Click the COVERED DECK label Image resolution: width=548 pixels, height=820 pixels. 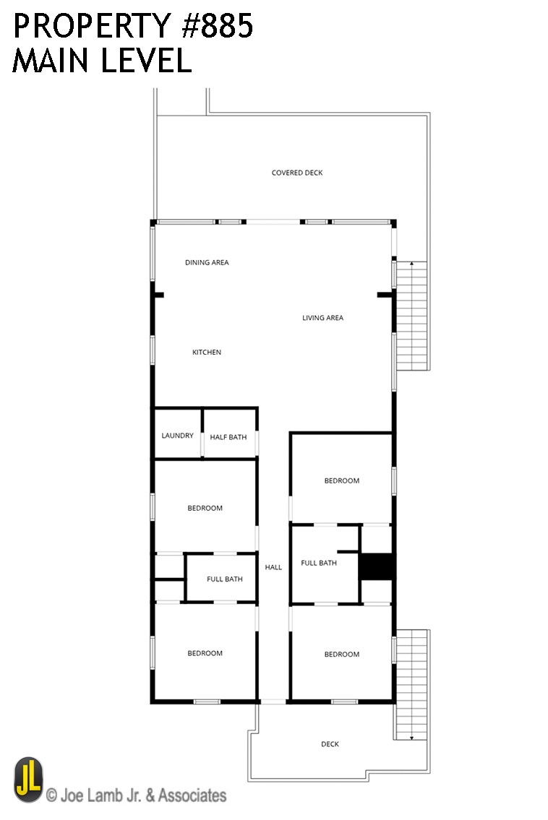[x=296, y=173]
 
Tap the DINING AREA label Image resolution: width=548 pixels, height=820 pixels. [x=207, y=262]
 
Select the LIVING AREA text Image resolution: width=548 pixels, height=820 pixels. [x=322, y=317]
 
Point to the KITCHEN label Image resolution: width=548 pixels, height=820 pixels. [x=207, y=352]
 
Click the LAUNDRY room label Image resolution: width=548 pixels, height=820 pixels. [x=177, y=435]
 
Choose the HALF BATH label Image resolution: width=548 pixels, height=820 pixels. [x=228, y=436]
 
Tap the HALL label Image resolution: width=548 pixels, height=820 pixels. [x=273, y=567]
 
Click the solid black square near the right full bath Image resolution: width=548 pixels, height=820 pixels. [x=377, y=566]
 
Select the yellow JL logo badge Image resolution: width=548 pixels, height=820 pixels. [x=28, y=780]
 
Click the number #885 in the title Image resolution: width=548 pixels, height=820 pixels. [x=217, y=25]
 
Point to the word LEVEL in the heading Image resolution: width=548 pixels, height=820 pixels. [x=147, y=60]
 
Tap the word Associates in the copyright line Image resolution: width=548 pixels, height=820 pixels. [x=192, y=795]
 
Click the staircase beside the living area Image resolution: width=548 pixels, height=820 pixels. [x=411, y=316]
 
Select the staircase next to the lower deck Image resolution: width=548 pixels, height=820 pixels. [x=411, y=685]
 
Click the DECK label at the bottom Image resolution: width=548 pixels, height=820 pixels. [x=330, y=743]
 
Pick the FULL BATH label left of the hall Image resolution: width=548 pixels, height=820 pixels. [x=225, y=579]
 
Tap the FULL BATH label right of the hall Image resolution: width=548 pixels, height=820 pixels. [x=319, y=563]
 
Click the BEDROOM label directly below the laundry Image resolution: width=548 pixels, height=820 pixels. [x=205, y=508]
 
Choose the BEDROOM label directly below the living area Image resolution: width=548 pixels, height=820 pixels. [x=342, y=480]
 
